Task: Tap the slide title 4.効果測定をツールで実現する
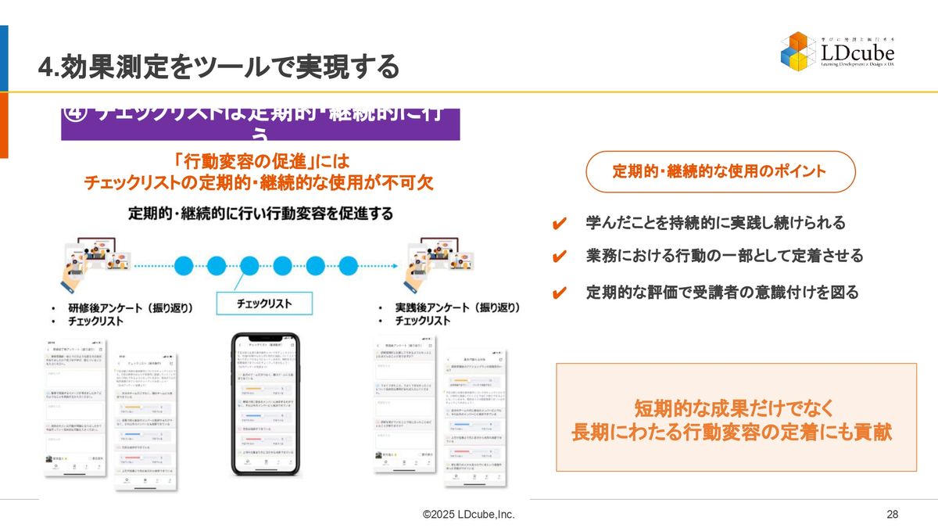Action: [219, 66]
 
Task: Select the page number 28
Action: [892, 514]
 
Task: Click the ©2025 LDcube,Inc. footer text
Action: [468, 514]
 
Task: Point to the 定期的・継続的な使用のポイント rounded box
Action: [721, 171]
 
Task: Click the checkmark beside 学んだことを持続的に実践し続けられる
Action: [559, 224]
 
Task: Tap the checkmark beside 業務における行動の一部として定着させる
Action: [559, 257]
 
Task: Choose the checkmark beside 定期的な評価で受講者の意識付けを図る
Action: [559, 293]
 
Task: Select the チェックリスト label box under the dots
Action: [264, 304]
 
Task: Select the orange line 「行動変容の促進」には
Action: [259, 162]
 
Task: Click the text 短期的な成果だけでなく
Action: [734, 408]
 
